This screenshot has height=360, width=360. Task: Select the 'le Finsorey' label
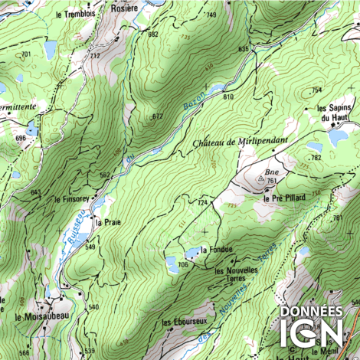click(72, 198)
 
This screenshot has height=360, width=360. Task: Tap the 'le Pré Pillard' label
click(284, 198)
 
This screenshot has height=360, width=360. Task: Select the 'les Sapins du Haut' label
click(334, 113)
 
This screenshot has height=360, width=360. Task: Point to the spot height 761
click(272, 181)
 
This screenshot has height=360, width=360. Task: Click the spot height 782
click(316, 158)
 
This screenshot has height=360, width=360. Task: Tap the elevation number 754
click(316, 90)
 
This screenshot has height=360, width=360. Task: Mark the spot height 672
click(157, 116)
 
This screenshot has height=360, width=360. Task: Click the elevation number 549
click(90, 247)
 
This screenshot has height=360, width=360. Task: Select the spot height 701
click(26, 54)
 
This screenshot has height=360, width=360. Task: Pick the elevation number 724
click(203, 202)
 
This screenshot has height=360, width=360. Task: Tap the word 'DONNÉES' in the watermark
click(312, 312)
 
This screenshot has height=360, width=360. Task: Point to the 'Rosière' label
click(124, 8)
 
